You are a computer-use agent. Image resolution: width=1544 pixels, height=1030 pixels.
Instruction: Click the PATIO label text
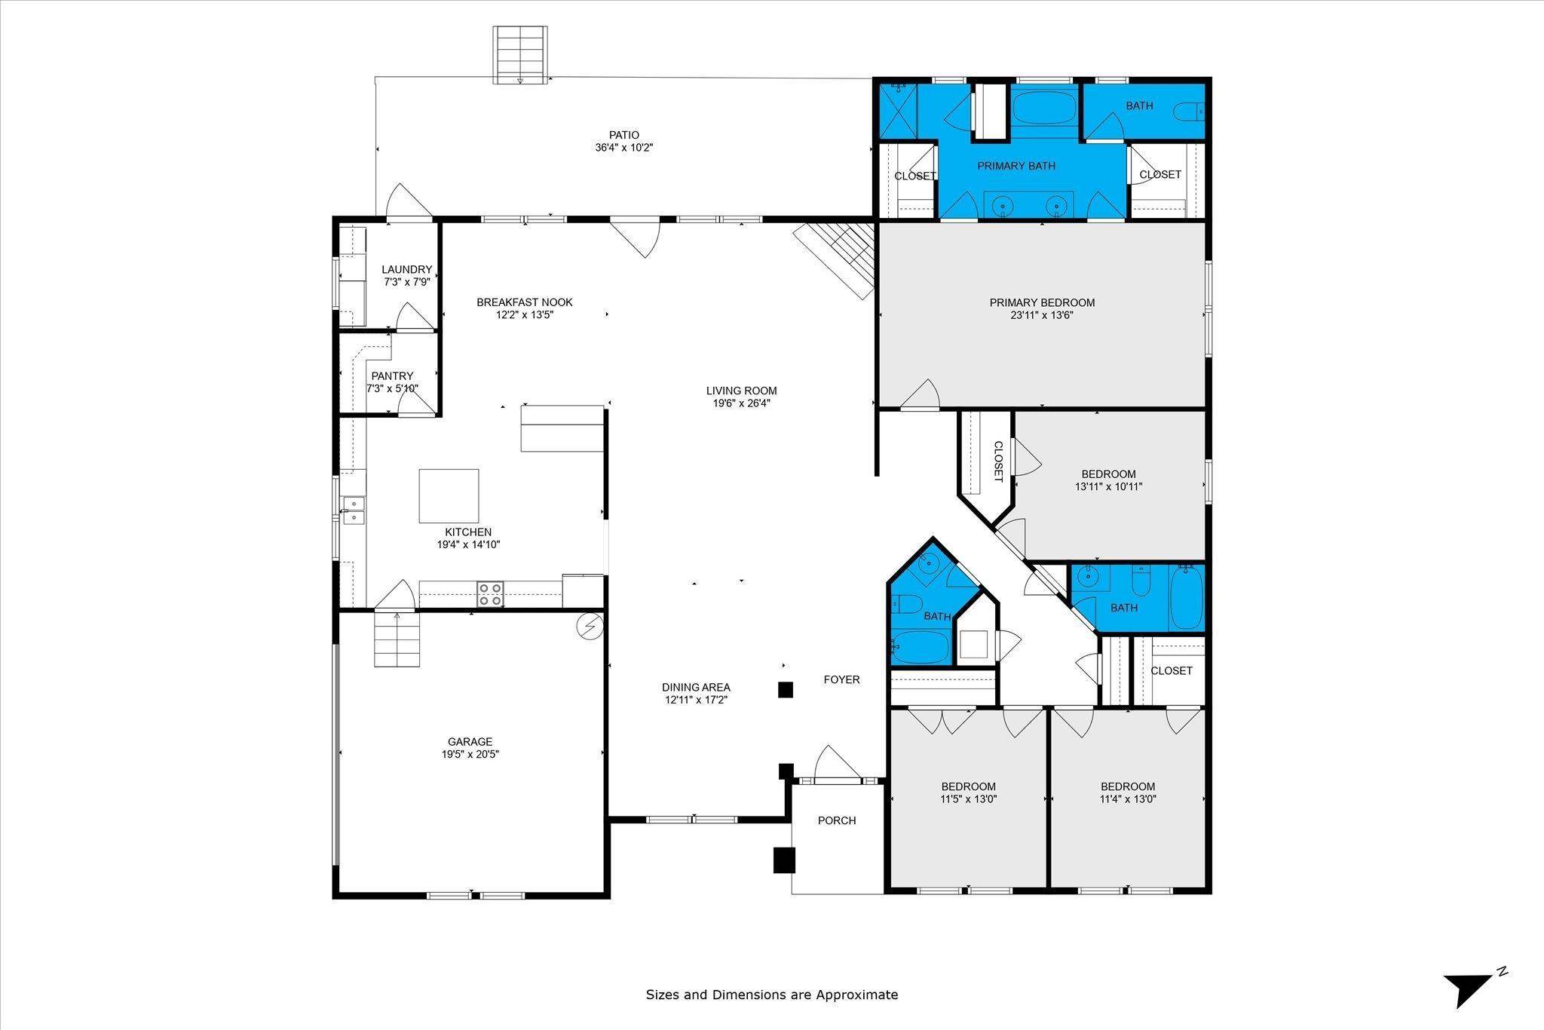[x=624, y=135]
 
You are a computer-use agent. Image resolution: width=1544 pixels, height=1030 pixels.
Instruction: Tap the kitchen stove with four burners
[x=491, y=594]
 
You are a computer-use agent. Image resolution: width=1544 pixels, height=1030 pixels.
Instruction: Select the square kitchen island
[x=449, y=495]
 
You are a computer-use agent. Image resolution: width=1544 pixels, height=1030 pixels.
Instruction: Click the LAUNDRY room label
[x=406, y=269]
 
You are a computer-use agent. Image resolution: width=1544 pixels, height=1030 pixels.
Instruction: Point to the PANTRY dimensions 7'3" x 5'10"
[x=392, y=388]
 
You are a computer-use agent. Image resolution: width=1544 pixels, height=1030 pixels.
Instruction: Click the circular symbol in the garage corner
[x=589, y=627]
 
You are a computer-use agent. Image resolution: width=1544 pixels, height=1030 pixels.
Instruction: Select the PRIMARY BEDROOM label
[x=1042, y=302]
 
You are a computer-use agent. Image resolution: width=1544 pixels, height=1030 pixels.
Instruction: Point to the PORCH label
[x=837, y=820]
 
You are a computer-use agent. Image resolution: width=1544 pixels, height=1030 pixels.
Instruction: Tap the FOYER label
[x=841, y=679]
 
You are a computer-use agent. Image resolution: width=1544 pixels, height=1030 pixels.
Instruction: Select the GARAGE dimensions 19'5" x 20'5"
[x=470, y=754]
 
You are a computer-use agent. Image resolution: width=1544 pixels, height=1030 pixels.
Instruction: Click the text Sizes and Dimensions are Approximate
[x=771, y=995]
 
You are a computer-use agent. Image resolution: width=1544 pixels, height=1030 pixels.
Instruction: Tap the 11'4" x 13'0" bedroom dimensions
[x=1128, y=799]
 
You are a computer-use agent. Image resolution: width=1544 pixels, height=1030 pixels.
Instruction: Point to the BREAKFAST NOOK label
[x=524, y=302]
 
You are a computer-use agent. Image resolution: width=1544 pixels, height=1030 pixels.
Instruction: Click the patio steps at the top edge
[x=519, y=54]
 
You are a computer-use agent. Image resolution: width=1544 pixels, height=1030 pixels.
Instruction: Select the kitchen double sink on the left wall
[x=352, y=510]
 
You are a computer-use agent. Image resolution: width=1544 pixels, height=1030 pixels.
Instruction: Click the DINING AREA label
[x=696, y=687]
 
